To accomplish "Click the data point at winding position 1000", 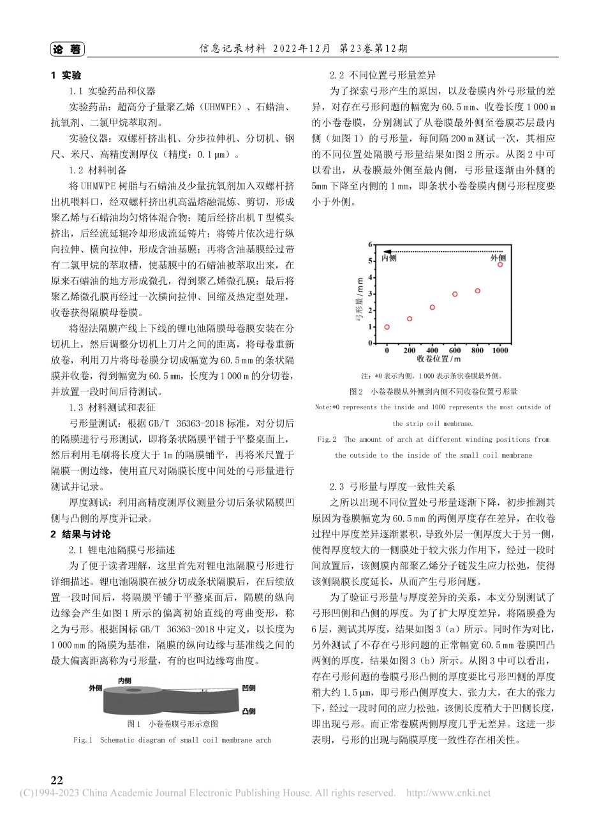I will [x=500, y=265].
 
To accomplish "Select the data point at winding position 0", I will [x=387, y=327].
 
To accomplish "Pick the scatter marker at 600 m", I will [x=455, y=294].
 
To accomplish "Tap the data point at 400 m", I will [x=432, y=307].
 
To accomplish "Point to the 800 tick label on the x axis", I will [x=477, y=350].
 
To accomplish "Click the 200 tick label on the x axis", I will [x=410, y=350].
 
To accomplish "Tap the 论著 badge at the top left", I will [x=66, y=49].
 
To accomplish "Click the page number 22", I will [x=57, y=781].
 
